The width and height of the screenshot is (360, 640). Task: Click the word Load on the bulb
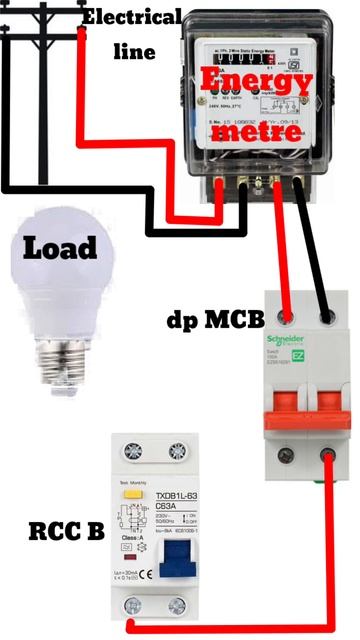click(x=61, y=247)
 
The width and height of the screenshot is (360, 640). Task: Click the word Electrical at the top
click(x=132, y=18)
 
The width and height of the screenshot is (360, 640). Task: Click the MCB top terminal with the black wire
click(x=327, y=316)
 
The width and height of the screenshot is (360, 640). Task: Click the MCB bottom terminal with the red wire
click(x=325, y=459)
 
